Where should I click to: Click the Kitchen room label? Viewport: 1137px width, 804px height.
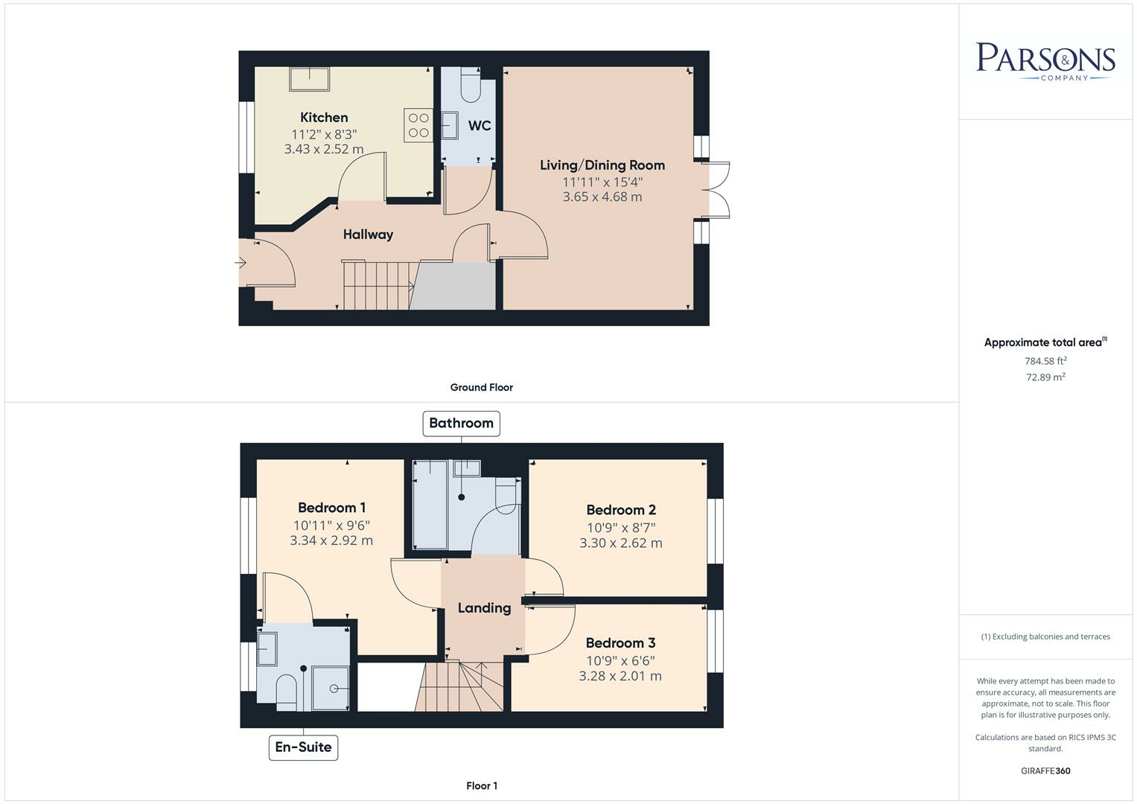point(324,118)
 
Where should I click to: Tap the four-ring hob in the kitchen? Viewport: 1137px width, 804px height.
point(418,125)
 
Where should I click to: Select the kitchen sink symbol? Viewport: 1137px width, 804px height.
point(309,79)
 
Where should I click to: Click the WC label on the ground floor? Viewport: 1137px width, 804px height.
point(480,125)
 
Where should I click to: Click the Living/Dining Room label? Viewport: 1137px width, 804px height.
point(602,165)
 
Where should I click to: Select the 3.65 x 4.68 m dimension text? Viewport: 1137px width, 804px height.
point(602,197)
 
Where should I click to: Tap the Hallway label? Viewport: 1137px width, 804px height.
point(368,234)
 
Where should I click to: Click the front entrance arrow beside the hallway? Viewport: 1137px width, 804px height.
point(240,262)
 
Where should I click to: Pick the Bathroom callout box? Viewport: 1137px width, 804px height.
point(461,424)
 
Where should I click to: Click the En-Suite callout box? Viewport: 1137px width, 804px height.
point(303,747)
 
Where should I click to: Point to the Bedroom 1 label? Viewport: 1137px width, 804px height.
point(331,508)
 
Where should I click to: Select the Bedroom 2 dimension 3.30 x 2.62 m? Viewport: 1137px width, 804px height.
point(621,543)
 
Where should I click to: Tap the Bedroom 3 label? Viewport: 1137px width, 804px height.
point(620,643)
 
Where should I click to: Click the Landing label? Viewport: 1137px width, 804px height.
point(484,608)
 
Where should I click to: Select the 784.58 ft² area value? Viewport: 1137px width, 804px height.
point(1045,361)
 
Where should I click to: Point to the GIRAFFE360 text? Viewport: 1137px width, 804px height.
point(1045,770)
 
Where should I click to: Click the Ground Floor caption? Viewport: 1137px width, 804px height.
point(481,387)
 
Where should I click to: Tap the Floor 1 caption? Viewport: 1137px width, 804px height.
point(482,785)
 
